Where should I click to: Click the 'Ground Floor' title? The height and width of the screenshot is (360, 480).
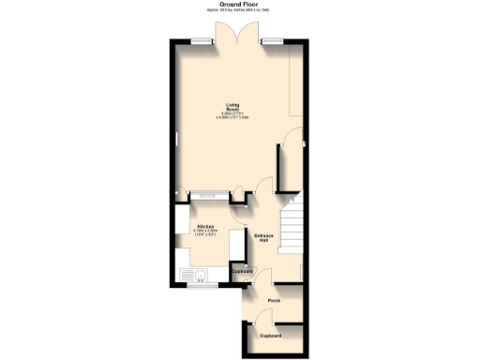click(239, 4)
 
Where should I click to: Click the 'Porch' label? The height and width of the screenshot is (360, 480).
click(274, 300)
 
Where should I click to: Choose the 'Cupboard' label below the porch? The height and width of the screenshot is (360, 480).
click(271, 335)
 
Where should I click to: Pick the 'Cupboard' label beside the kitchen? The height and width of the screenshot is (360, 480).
click(242, 271)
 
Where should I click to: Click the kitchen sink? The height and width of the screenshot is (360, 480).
click(199, 277)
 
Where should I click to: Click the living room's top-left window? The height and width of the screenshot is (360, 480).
click(200, 40)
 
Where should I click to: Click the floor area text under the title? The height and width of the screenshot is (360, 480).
click(239, 11)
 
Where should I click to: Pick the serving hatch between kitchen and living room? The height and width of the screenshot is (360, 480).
click(206, 196)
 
